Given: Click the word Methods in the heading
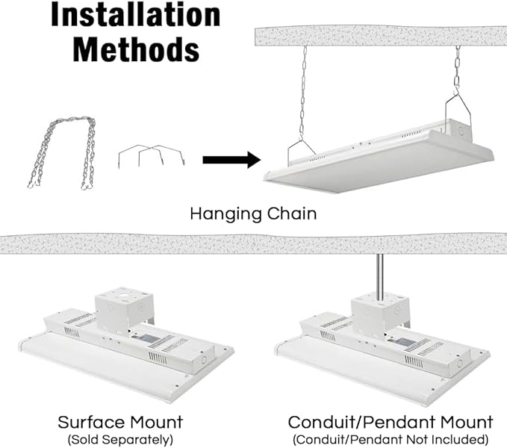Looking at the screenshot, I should [136, 49].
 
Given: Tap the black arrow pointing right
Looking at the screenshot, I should [231, 159].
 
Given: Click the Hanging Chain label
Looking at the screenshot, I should [253, 214].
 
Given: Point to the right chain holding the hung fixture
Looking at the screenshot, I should [456, 75].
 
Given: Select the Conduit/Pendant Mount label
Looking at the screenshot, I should [391, 423].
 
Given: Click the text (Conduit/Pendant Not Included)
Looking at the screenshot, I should [391, 438].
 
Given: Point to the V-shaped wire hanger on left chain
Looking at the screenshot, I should [302, 148].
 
